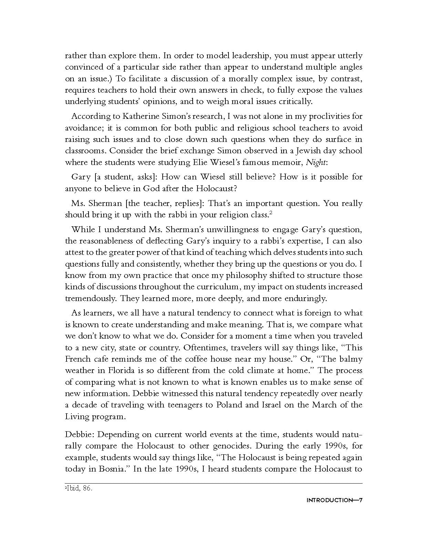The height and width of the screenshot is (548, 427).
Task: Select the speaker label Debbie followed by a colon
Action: click(x=79, y=434)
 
